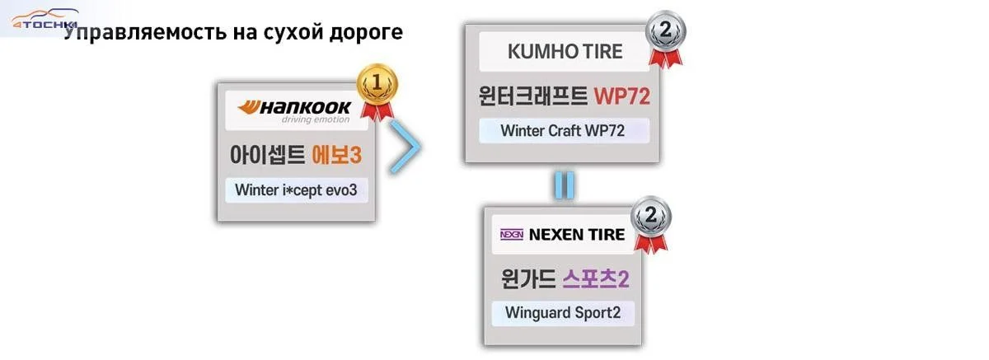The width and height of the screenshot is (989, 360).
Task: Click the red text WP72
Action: click(x=621, y=96)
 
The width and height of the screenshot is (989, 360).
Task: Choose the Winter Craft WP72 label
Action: click(x=564, y=131)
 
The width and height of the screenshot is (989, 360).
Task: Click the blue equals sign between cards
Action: click(x=563, y=185)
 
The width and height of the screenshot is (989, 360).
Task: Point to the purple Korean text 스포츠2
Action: click(x=597, y=278)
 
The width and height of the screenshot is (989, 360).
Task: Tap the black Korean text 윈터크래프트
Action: click(x=533, y=96)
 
